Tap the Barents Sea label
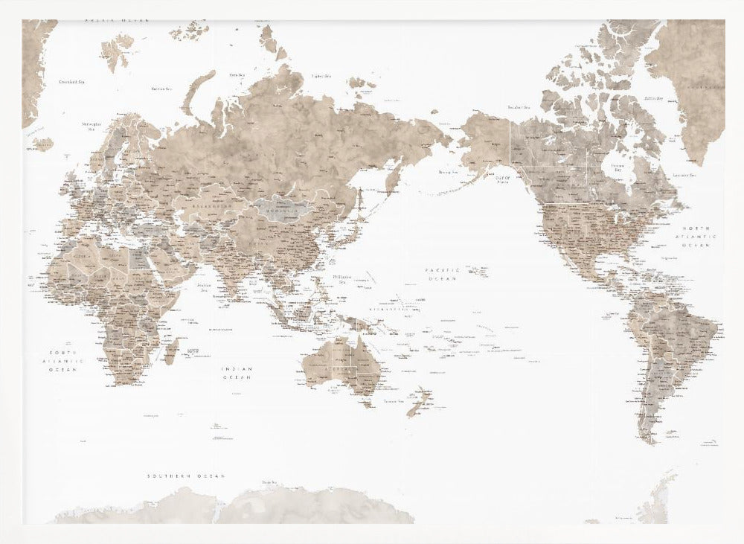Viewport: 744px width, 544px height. pyautogui.click(x=161, y=89)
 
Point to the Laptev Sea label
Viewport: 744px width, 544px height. pyautogui.click(x=321, y=76)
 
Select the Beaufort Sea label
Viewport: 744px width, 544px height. pyautogui.click(x=519, y=107)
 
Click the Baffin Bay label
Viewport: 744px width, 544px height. pyautogui.click(x=653, y=97)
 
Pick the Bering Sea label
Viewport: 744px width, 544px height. pyautogui.click(x=448, y=172)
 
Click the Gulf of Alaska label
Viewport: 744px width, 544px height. pyautogui.click(x=503, y=180)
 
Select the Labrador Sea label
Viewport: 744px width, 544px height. pyautogui.click(x=683, y=175)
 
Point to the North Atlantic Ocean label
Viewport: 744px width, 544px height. pyautogui.click(x=699, y=236)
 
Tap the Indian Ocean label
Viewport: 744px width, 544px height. pyautogui.click(x=237, y=373)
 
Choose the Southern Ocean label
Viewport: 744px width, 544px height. pyautogui.click(x=186, y=476)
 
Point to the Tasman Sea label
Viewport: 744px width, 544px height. pyautogui.click(x=393, y=401)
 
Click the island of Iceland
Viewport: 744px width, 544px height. pyautogui.click(x=43, y=143)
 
